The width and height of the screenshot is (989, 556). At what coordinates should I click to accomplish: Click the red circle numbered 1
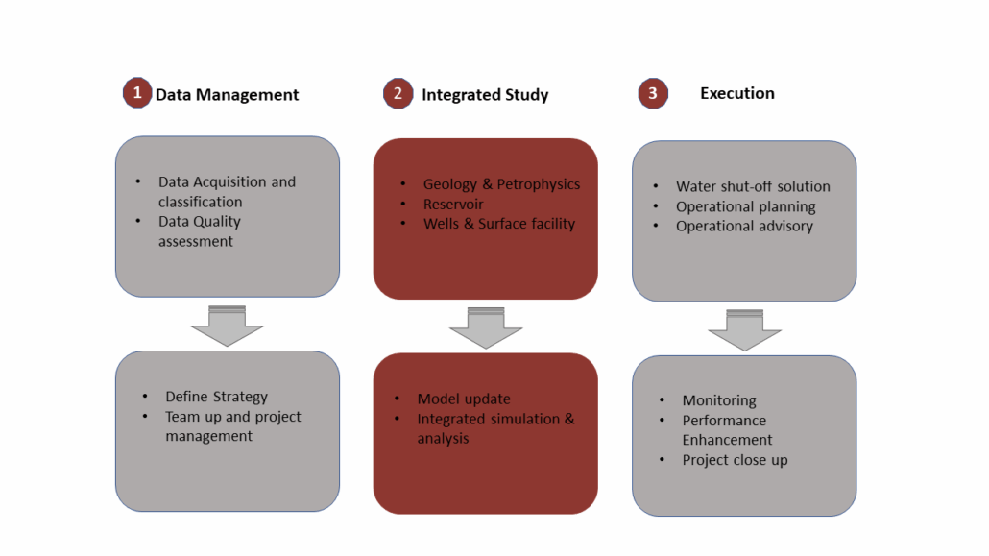coord(137,93)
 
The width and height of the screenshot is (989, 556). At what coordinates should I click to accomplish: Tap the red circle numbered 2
coord(398,93)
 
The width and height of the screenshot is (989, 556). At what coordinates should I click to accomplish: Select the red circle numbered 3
coord(653,93)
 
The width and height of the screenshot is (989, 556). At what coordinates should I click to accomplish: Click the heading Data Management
coord(227,95)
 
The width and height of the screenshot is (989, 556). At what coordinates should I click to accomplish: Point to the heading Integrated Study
coord(485,95)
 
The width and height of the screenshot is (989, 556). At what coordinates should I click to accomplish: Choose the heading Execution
coord(737,93)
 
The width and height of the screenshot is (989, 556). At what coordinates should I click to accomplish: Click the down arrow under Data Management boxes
coord(227,326)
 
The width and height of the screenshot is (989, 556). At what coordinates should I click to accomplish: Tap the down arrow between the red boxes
coord(486,327)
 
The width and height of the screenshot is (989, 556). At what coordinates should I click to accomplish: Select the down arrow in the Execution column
coord(745,330)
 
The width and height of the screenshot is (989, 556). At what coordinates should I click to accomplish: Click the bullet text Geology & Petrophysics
coord(501,184)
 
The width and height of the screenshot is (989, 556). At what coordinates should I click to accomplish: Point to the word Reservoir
coord(453,205)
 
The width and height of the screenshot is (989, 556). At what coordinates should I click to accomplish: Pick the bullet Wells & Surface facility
coord(499,224)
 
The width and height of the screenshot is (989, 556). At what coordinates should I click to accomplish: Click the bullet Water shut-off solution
coord(753,187)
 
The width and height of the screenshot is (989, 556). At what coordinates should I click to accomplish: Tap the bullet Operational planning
coord(745,207)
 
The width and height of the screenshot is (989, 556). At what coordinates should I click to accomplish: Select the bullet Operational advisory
coord(744,226)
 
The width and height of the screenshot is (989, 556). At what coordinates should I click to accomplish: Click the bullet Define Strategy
coord(216,397)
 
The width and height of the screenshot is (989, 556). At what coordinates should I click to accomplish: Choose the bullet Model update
coord(464,399)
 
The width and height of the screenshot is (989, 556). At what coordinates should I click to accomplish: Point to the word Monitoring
coord(719,400)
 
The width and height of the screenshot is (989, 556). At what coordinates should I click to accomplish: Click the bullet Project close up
coord(735,460)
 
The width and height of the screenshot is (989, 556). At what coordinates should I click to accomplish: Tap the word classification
coord(200,202)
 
